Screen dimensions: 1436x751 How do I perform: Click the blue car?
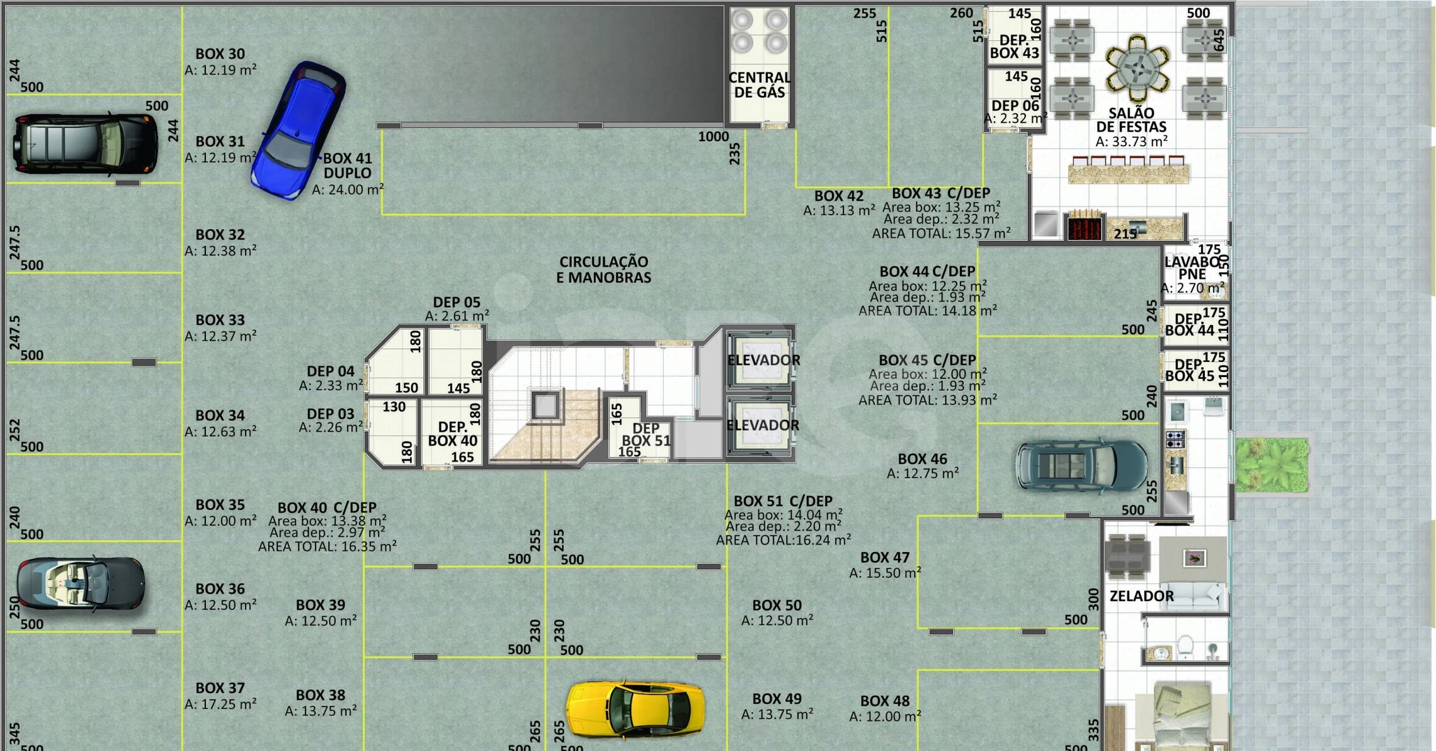click(298, 130)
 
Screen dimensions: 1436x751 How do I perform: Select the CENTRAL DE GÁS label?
click(760, 85)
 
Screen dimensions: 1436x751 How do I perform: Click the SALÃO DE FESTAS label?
click(1131, 120)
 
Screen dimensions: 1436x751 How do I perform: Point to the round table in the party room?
click(1137, 68)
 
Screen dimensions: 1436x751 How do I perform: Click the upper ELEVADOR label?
click(763, 360)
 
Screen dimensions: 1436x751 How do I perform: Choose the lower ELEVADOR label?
click(763, 426)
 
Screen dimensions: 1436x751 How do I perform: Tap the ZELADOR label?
click(1141, 596)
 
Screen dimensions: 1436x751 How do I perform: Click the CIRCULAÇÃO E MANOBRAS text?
click(603, 269)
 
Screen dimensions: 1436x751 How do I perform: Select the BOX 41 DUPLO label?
click(347, 166)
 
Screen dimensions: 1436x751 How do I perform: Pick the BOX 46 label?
click(922, 459)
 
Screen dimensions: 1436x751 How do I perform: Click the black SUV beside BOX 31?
click(86, 144)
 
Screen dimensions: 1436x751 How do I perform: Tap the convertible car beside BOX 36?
click(81, 583)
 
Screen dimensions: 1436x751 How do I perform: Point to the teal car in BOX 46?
click(1081, 466)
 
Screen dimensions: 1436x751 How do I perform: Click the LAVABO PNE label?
click(1193, 268)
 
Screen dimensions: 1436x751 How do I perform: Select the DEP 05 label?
click(457, 302)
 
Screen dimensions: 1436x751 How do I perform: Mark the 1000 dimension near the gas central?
click(713, 137)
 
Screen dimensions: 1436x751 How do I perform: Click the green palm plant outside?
click(1272, 465)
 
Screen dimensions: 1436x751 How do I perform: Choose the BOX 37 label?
click(220, 688)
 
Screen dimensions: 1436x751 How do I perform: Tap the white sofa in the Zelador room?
click(1194, 595)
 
